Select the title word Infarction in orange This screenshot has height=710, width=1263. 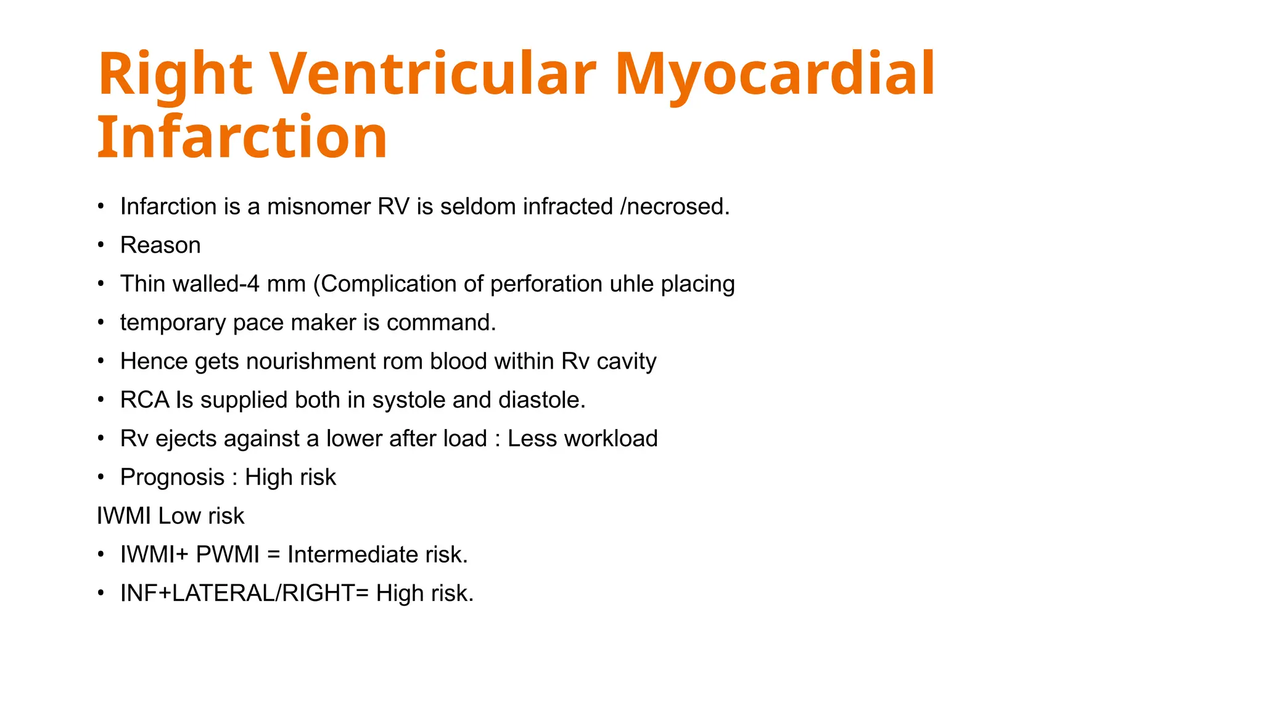pos(242,137)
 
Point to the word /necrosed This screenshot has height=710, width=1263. pos(675,206)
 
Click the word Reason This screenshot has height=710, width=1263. pos(160,245)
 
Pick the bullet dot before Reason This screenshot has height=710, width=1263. pos(101,245)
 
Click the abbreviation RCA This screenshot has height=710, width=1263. pos(144,400)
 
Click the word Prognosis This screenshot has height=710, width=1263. pos(172,478)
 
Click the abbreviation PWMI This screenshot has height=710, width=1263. pos(228,555)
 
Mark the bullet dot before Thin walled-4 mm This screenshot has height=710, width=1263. pos(101,284)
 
